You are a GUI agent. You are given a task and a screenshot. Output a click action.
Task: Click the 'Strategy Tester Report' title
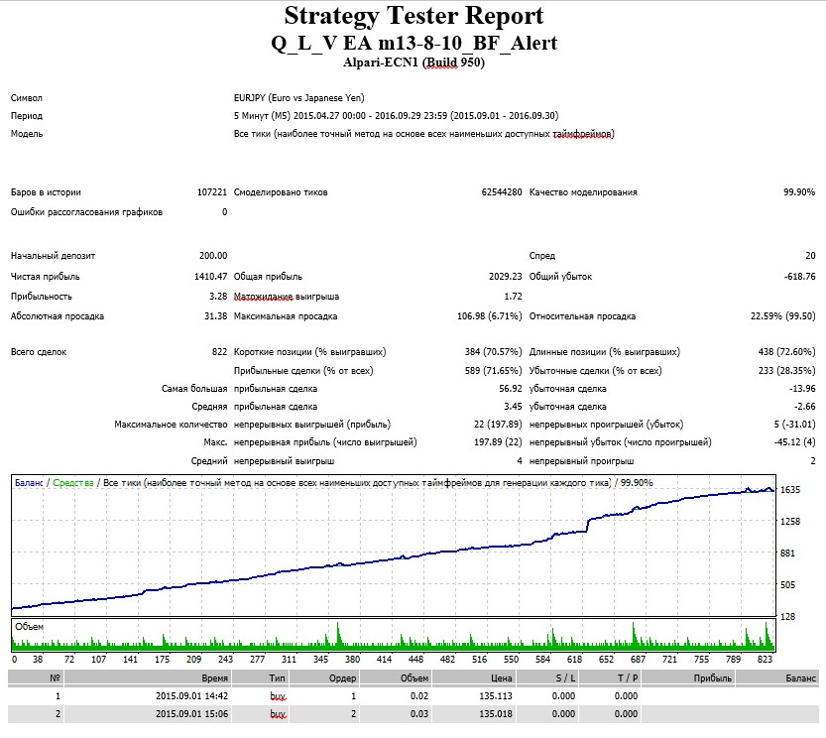point(413,16)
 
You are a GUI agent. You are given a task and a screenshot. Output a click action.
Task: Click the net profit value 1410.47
point(210,276)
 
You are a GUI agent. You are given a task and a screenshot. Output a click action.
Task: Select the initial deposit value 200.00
point(213,256)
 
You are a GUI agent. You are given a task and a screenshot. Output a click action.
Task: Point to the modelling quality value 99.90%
point(799,191)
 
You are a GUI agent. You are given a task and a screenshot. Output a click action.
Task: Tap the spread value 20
point(810,256)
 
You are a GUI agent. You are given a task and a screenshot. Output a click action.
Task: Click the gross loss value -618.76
point(799,276)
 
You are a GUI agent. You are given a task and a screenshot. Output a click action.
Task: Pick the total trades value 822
point(219,351)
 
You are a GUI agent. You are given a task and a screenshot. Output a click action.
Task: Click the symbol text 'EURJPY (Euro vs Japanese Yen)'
point(298,98)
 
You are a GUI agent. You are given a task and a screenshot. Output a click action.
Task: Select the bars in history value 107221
point(212,191)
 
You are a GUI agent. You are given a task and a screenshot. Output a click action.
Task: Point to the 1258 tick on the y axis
point(790,522)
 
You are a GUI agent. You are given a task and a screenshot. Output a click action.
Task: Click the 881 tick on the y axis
point(787,553)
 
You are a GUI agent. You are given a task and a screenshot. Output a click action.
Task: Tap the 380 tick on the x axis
point(352,659)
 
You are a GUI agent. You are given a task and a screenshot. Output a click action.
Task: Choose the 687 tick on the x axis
point(638,659)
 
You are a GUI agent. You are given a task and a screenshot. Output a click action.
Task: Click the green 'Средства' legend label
point(73,483)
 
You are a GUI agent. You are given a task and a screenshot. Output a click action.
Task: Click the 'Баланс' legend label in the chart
point(29,483)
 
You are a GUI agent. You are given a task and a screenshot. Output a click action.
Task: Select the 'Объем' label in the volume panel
point(30,627)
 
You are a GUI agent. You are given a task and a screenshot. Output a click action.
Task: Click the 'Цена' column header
point(501,677)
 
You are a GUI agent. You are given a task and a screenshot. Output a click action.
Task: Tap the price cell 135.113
point(495,695)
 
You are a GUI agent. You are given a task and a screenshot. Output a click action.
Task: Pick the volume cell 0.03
point(419,714)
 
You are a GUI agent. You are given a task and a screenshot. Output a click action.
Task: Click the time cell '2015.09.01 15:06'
point(191,714)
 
